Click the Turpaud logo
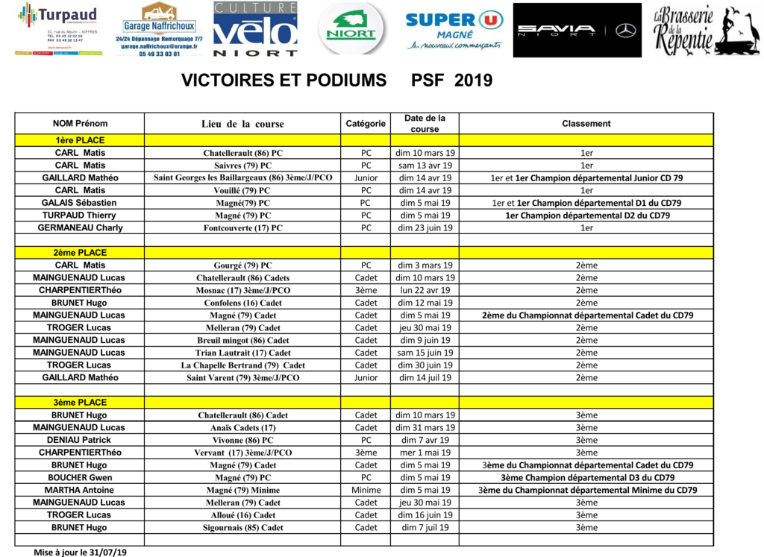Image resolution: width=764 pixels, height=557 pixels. pyautogui.click(x=58, y=28)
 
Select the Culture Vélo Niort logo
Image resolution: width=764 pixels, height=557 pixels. pyautogui.click(x=255, y=29)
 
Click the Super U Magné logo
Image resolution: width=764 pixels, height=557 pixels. pyautogui.click(x=454, y=29)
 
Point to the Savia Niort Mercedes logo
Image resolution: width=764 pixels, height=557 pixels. pyautogui.click(x=577, y=31)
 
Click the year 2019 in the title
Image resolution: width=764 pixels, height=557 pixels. pyautogui.click(x=473, y=81)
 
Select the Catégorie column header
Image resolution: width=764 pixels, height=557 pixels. pyautogui.click(x=366, y=124)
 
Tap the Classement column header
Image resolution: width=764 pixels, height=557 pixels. pyautogui.click(x=586, y=124)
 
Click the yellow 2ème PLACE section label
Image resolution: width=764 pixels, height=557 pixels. pyautogui.click(x=79, y=253)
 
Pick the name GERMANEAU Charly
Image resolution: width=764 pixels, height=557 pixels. pyautogui.click(x=80, y=227)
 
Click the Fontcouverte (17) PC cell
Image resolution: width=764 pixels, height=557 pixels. pyautogui.click(x=242, y=228)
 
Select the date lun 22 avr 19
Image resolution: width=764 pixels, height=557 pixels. pyautogui.click(x=425, y=290)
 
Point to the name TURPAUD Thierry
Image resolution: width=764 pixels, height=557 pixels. pyautogui.click(x=80, y=215)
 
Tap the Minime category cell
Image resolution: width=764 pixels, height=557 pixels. pyautogui.click(x=366, y=490)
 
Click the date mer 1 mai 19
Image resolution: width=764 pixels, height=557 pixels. pyautogui.click(x=425, y=453)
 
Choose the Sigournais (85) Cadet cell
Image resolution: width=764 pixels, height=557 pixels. pyautogui.click(x=242, y=528)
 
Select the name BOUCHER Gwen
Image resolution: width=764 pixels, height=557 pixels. pyautogui.click(x=80, y=477)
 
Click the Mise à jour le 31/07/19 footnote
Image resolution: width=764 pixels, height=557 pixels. pyautogui.click(x=80, y=553)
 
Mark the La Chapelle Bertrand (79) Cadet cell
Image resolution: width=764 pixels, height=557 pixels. pyautogui.click(x=242, y=365)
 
